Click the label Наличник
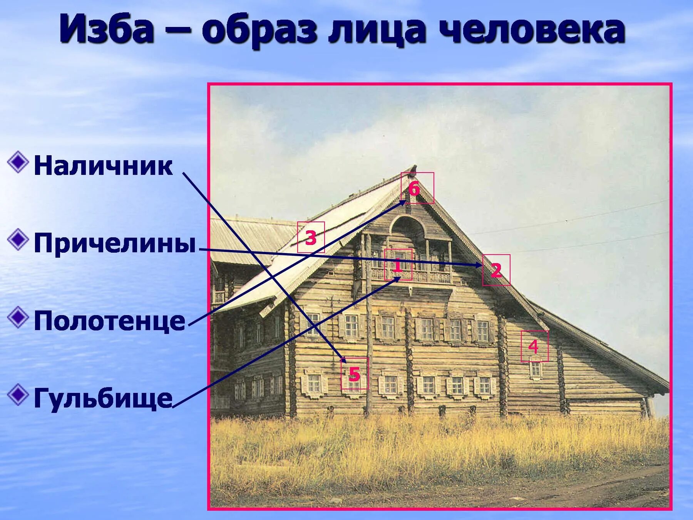103,166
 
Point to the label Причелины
115,243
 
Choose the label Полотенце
109,321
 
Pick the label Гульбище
103,398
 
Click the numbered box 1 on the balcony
398,265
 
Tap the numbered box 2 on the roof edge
496,270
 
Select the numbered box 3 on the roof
311,237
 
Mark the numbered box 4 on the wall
534,346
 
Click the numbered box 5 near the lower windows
354,373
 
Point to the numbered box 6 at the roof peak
417,188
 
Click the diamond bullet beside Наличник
18,162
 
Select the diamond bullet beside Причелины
18,240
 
